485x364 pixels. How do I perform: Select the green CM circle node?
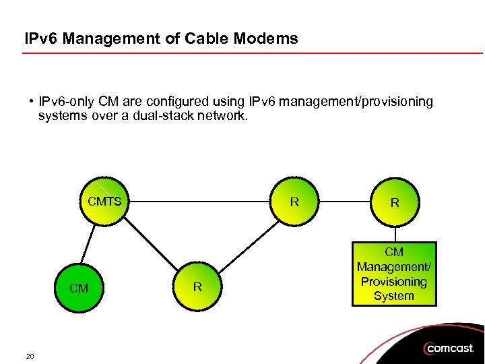(x=79, y=288)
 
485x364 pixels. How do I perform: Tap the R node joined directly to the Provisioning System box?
(x=395, y=202)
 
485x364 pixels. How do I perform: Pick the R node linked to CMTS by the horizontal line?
(x=294, y=201)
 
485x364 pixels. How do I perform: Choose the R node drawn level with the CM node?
(x=197, y=287)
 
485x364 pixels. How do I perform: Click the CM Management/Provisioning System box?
(x=394, y=274)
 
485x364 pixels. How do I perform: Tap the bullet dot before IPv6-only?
(x=32, y=102)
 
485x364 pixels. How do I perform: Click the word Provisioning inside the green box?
(x=394, y=282)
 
